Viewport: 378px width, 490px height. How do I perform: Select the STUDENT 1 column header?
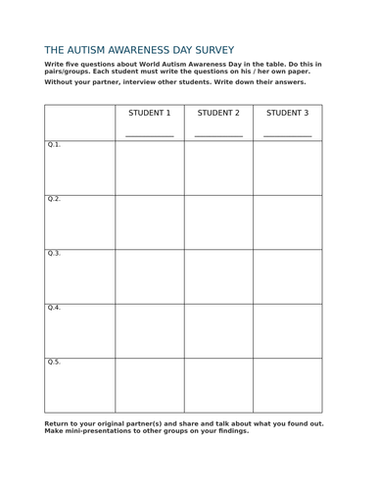(x=150, y=113)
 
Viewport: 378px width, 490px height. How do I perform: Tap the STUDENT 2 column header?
(x=218, y=113)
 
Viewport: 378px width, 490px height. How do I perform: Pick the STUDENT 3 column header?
(x=287, y=113)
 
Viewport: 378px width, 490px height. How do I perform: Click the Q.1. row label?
(x=54, y=145)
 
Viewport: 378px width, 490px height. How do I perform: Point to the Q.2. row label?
(x=54, y=199)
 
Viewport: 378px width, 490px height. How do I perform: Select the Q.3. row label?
(x=54, y=254)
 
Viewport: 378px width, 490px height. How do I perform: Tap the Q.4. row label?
(x=54, y=308)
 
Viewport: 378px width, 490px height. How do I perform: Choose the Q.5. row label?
(x=54, y=363)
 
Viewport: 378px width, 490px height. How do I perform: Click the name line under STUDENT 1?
(x=150, y=135)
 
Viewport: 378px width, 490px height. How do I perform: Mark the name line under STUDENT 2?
(x=218, y=135)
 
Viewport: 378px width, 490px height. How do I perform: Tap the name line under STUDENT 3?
(x=287, y=135)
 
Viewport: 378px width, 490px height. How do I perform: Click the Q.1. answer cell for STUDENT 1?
(x=150, y=168)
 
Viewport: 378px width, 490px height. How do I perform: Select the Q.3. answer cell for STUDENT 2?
(x=218, y=276)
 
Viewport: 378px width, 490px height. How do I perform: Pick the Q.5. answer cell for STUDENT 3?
(x=287, y=385)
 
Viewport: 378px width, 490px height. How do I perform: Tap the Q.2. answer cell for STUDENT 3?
(x=287, y=221)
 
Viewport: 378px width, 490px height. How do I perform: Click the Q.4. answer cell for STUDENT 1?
(x=150, y=330)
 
